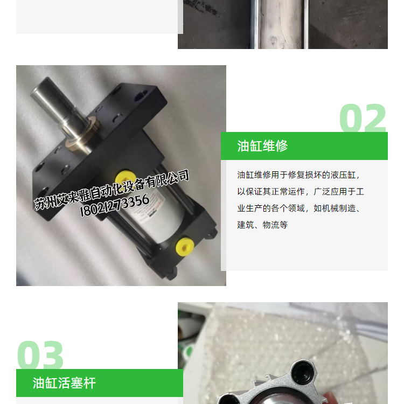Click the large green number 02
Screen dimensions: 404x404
[x=363, y=118]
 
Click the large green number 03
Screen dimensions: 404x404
[x=40, y=355]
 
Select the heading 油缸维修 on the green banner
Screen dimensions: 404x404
[x=262, y=146]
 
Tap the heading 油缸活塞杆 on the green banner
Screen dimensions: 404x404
[x=64, y=383]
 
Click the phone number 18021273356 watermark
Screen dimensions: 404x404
[x=115, y=205]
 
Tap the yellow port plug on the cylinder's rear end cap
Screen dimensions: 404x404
[x=184, y=245]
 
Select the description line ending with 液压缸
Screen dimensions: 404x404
[x=298, y=175]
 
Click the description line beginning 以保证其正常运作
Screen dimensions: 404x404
[x=301, y=192]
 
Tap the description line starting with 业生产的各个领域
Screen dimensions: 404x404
[x=299, y=208]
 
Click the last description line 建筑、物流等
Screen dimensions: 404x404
[x=262, y=225]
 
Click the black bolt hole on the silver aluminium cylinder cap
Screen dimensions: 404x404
[x=303, y=372]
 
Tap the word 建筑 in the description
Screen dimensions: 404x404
[x=246, y=225]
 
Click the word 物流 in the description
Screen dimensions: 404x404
[x=271, y=225]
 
